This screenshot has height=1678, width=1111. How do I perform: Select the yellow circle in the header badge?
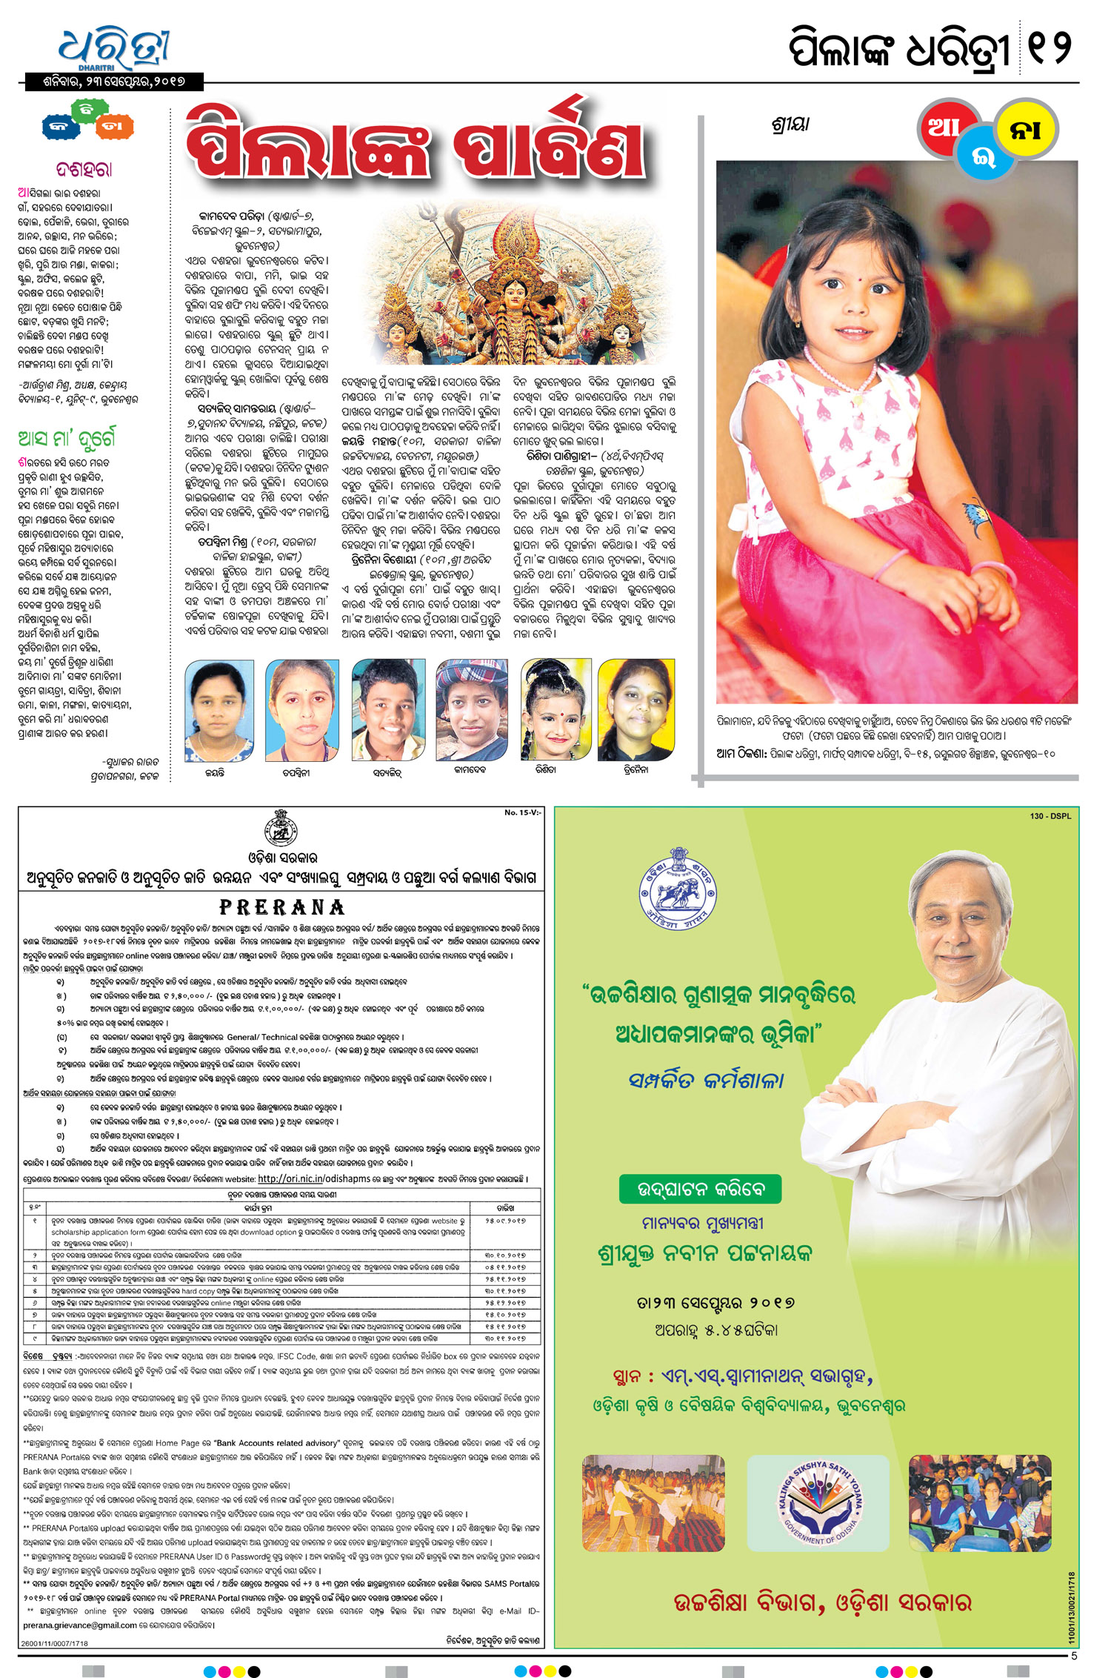[1027, 128]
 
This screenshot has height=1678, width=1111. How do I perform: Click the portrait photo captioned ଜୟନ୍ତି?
[218, 711]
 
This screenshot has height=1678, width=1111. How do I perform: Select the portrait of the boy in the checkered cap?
[472, 711]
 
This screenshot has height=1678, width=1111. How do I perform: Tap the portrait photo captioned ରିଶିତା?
[556, 711]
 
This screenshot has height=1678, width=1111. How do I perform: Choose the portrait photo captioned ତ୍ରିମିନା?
[636, 711]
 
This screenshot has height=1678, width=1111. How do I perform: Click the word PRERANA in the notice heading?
[282, 907]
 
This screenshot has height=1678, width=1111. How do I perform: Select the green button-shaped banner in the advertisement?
[700, 1190]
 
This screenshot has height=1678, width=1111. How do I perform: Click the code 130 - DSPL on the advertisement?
[1050, 816]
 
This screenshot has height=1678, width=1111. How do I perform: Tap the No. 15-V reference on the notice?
[523, 813]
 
